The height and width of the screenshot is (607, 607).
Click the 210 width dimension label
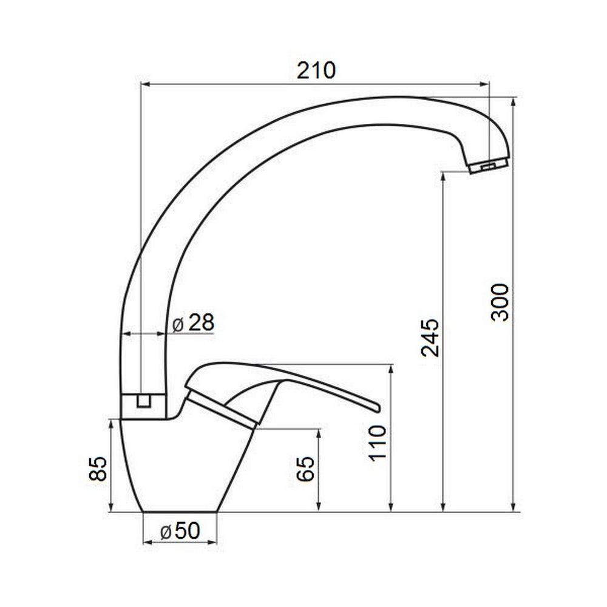coord(316,71)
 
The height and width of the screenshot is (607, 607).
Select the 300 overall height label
coord(500,302)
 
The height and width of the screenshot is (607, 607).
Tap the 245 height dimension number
coord(430,337)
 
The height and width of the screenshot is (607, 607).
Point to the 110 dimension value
coord(377,443)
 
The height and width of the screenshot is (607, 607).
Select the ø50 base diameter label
coord(180,532)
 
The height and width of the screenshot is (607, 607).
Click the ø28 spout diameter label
coord(193,323)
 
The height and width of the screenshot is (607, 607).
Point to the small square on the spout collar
coord(143,401)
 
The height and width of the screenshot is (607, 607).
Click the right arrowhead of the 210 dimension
coord(485,85)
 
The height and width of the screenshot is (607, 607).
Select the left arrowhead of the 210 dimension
coord(144,85)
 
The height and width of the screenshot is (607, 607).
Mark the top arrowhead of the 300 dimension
coord(514,101)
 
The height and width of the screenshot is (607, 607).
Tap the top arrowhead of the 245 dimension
coord(444,177)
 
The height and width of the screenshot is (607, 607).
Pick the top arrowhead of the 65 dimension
coord(318,432)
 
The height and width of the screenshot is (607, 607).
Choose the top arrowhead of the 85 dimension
coord(112,423)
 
